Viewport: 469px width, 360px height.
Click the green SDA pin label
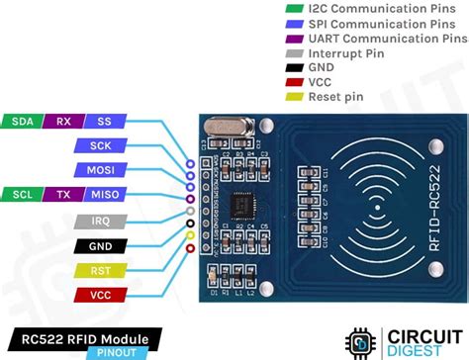click(x=21, y=122)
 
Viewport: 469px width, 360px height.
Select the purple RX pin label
click(x=62, y=122)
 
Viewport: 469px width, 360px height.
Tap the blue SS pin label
click(x=103, y=122)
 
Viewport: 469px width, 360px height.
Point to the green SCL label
click(x=21, y=194)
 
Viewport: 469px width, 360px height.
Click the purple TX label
click(x=62, y=194)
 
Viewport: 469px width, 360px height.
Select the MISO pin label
click(x=103, y=194)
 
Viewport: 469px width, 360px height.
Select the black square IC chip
click(x=240, y=206)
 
